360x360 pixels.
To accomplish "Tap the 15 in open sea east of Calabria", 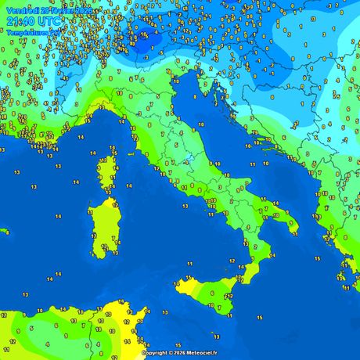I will (x=317, y=258).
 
